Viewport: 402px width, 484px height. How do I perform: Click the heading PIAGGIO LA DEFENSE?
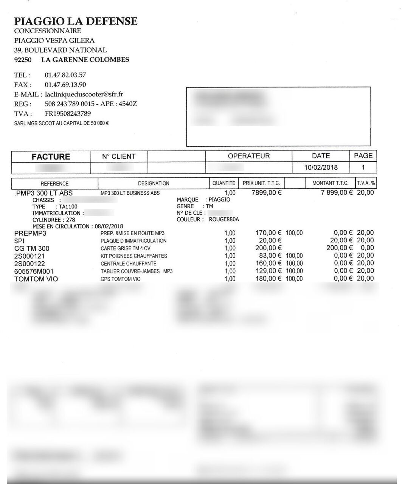[x=76, y=21]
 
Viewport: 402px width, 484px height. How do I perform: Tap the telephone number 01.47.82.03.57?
[x=65, y=75]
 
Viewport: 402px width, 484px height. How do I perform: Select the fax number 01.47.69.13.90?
[x=65, y=85]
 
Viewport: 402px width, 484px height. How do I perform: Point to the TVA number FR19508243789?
[x=68, y=113]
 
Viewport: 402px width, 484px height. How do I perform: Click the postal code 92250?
[x=23, y=60]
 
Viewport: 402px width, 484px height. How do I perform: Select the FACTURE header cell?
[x=51, y=157]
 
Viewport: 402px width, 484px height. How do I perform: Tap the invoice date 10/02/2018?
[x=321, y=167]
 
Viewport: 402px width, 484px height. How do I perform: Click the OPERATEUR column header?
[x=248, y=156]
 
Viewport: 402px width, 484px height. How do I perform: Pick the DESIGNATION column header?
[x=154, y=183]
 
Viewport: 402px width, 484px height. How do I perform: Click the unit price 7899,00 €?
[x=267, y=192]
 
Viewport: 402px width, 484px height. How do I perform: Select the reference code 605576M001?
[x=34, y=271]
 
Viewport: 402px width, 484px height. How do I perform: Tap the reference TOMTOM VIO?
[x=36, y=279]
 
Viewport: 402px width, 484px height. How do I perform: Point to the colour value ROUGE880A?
[x=224, y=219]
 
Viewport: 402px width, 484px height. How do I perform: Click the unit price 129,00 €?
[x=269, y=271]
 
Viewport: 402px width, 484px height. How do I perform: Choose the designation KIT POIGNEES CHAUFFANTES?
[x=134, y=256]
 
